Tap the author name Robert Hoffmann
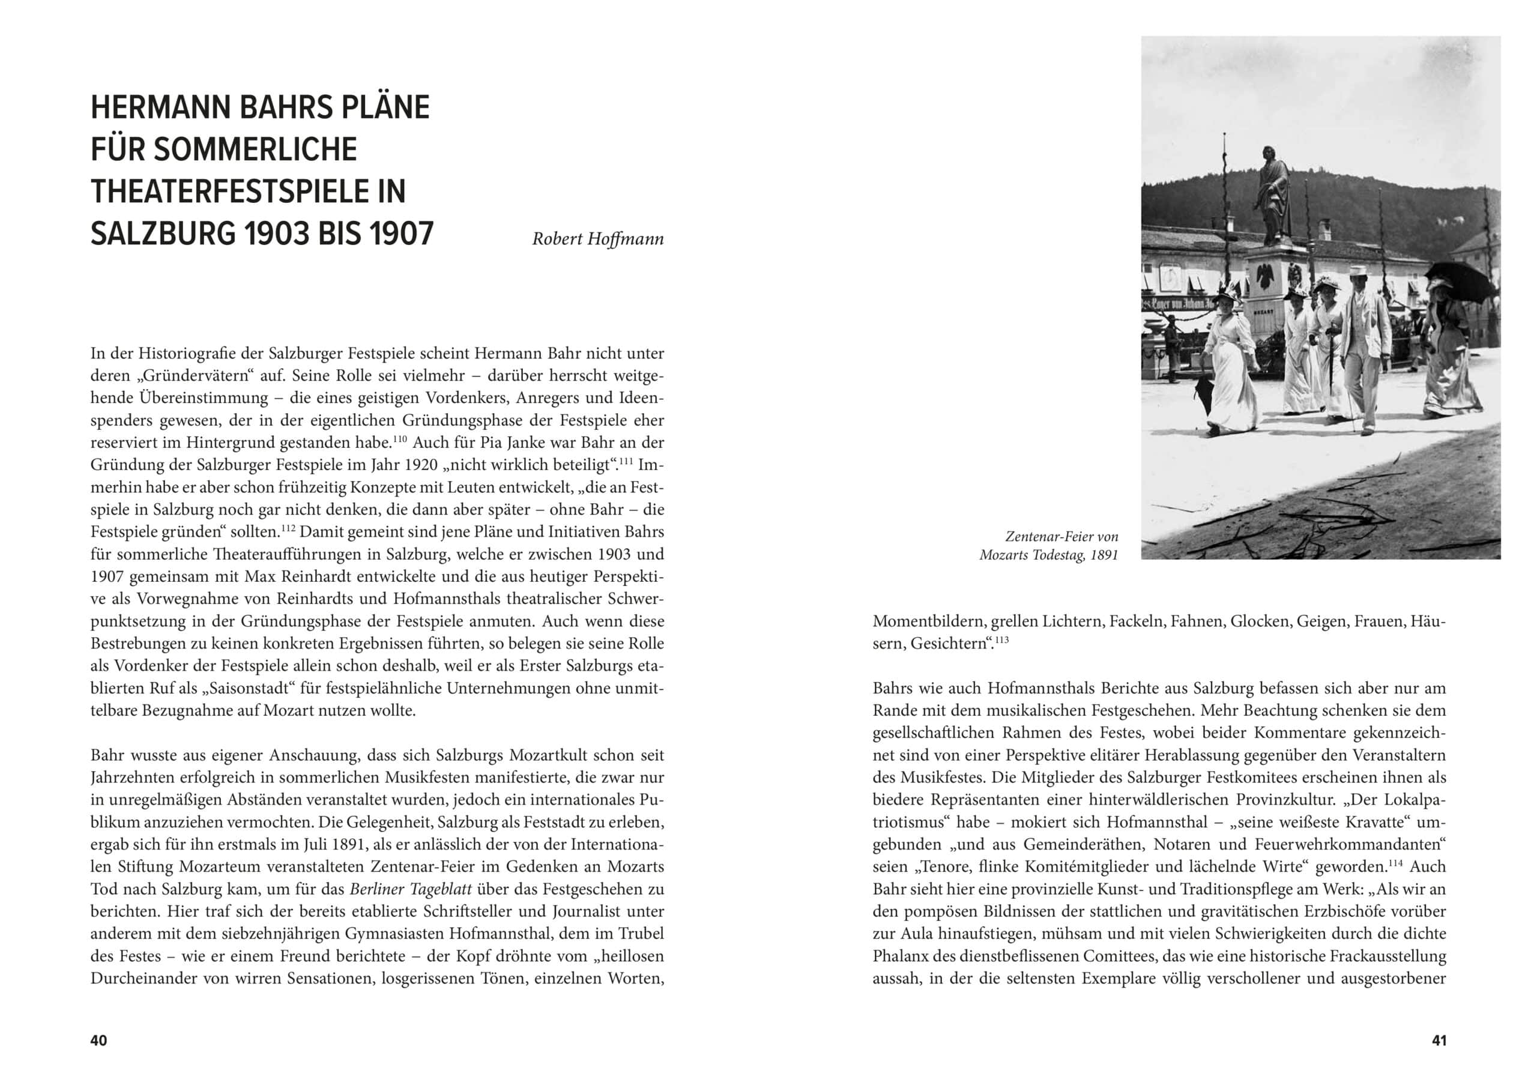point(597,239)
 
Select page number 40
point(98,1040)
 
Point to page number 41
point(1439,1040)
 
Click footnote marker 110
point(400,438)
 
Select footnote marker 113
point(1001,639)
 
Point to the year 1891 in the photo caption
point(1104,555)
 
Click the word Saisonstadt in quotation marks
point(250,688)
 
